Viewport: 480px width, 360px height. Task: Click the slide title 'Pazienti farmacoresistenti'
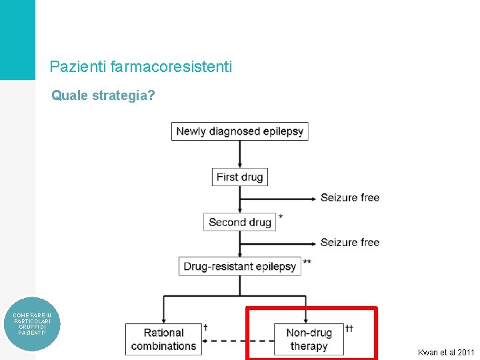[141, 67]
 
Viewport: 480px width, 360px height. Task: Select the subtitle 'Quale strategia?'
[103, 96]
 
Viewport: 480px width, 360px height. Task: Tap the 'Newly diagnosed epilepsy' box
[239, 131]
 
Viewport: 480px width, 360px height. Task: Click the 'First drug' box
[240, 177]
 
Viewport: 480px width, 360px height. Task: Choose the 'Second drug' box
[240, 222]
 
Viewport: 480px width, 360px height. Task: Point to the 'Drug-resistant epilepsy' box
[239, 266]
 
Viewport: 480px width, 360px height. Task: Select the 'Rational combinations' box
[163, 339]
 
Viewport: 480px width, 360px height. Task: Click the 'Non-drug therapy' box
[309, 339]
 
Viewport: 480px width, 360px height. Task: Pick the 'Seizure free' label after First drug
[349, 197]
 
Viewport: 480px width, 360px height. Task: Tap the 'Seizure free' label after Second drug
[349, 242]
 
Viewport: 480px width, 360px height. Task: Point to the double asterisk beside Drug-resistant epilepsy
[307, 262]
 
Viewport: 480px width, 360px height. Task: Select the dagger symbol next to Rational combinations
[205, 327]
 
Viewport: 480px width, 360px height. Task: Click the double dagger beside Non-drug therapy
[349, 328]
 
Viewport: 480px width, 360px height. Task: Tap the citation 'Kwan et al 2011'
[445, 352]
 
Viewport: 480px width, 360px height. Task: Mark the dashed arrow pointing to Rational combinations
[237, 341]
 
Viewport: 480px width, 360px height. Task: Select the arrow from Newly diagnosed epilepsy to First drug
[239, 154]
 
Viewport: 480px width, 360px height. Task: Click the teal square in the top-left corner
[17, 40]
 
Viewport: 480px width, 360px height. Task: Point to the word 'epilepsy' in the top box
[283, 131]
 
